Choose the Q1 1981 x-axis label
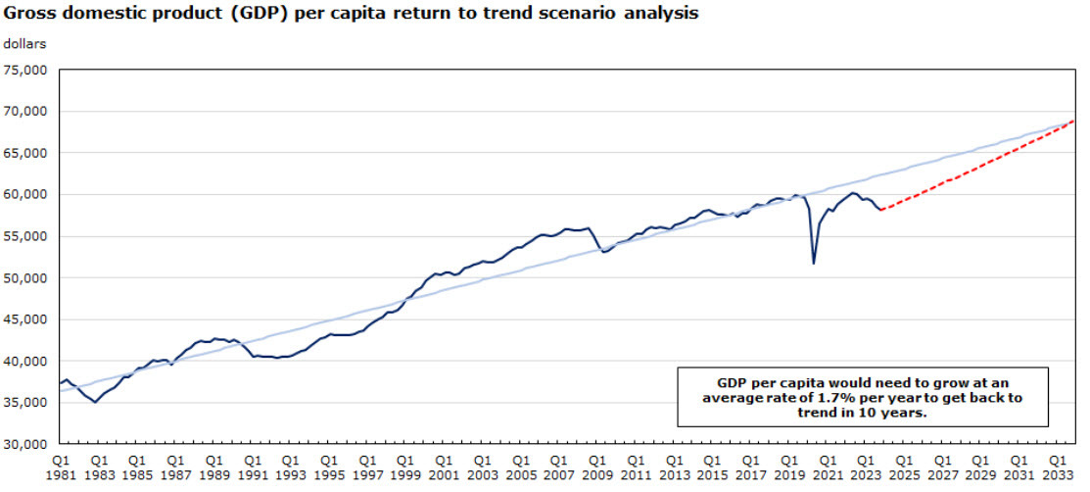click(x=60, y=467)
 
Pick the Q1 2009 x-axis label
click(x=596, y=467)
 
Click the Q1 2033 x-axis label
click(x=1058, y=467)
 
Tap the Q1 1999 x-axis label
click(x=404, y=467)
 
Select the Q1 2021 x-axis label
click(x=828, y=467)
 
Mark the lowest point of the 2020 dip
click(x=814, y=263)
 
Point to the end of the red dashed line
click(x=1074, y=121)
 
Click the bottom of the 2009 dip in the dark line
click(x=605, y=252)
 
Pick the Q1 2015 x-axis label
click(x=712, y=467)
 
